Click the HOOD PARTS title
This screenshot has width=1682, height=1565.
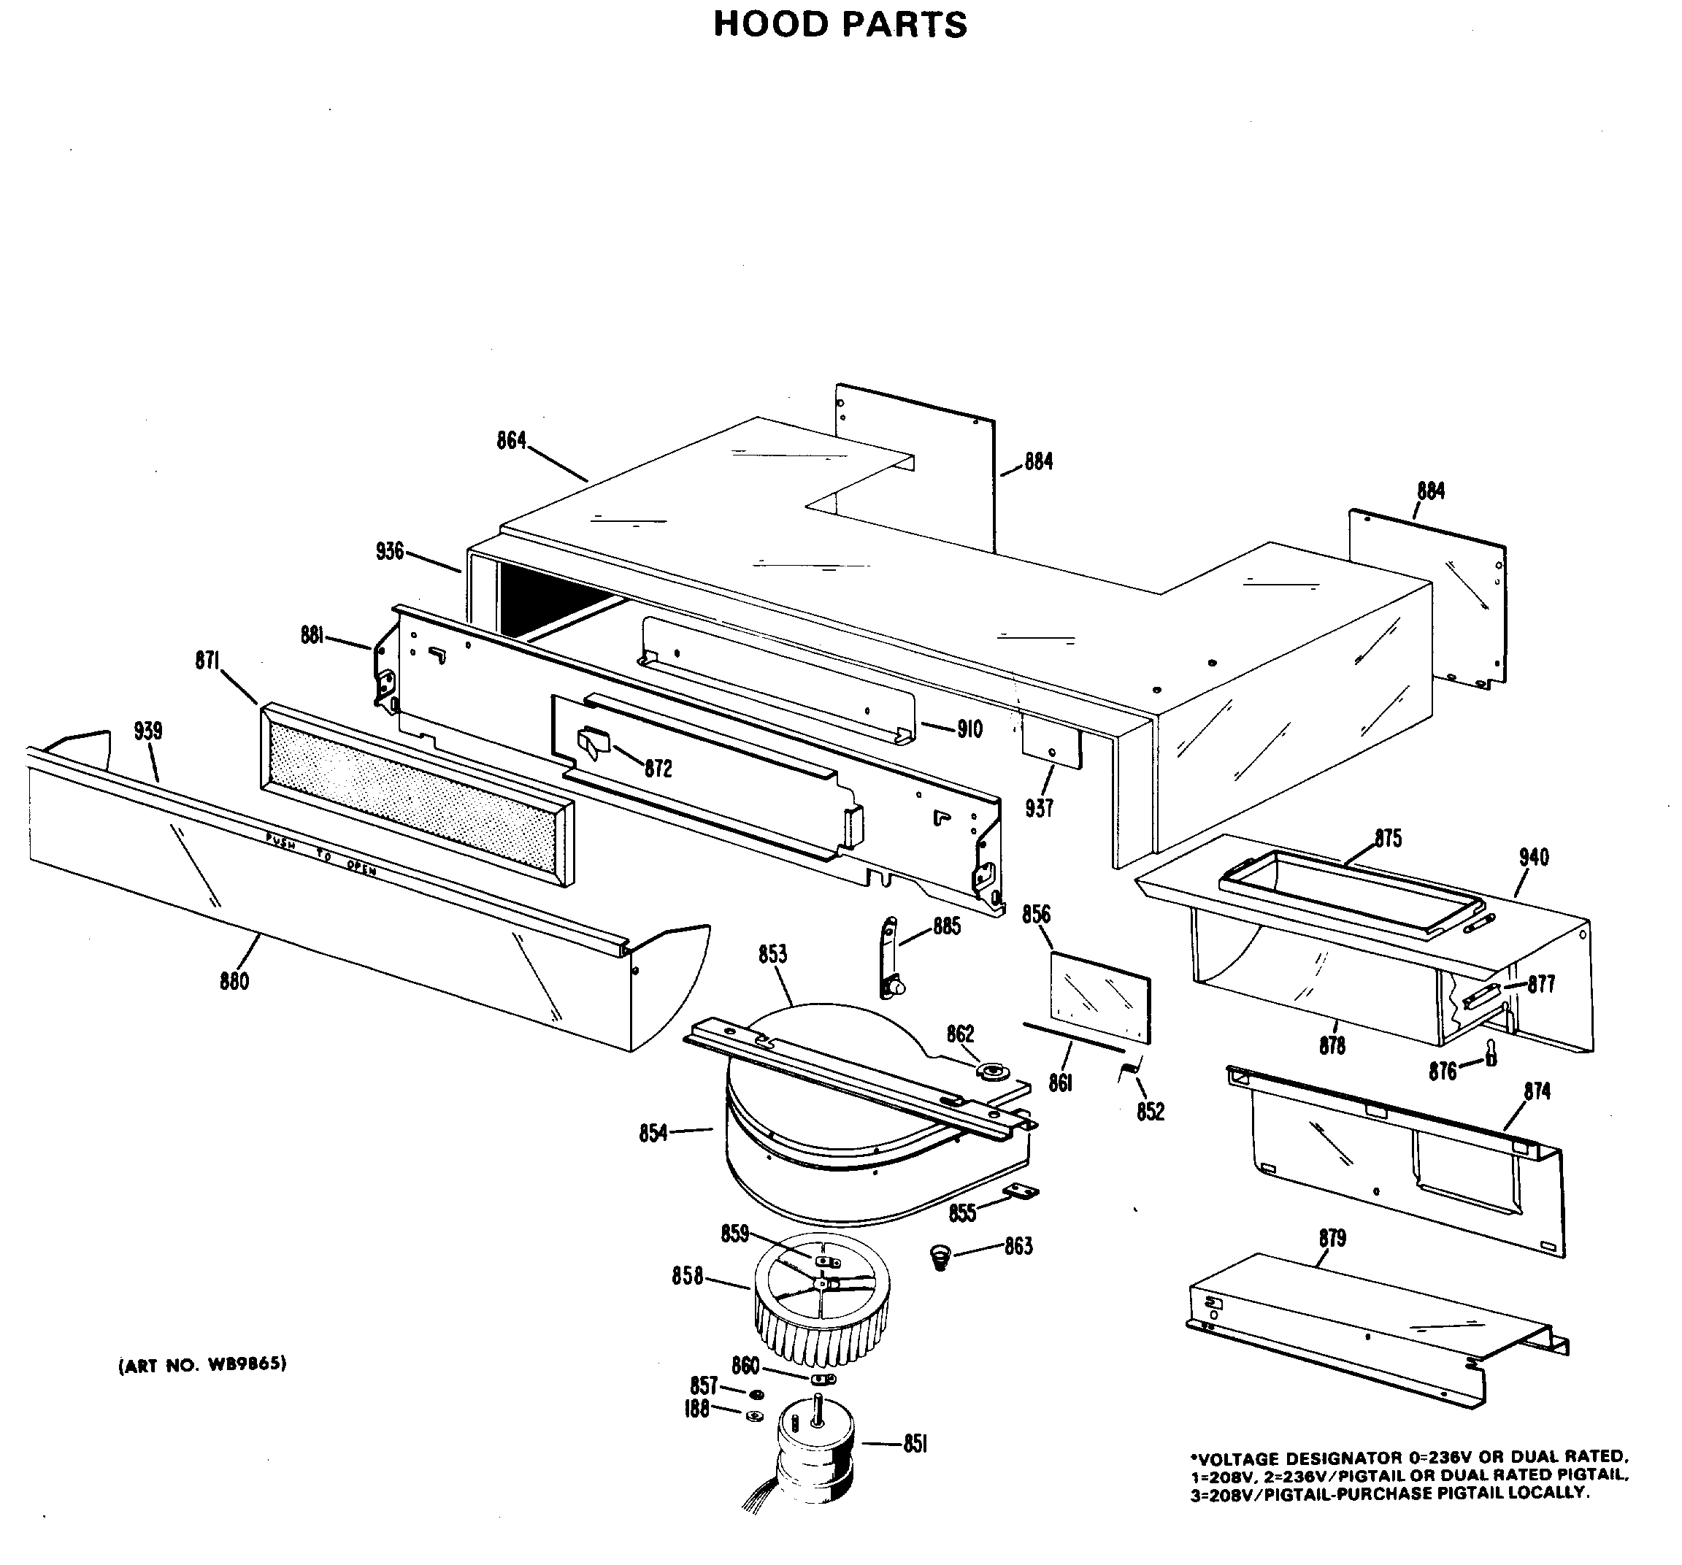[x=840, y=25]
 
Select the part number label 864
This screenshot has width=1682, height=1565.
[x=511, y=441]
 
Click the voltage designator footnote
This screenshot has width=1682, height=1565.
[x=1409, y=1475]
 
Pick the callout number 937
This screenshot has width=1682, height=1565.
[x=1039, y=808]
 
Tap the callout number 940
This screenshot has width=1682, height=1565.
[x=1533, y=857]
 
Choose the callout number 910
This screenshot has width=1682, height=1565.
[x=969, y=728]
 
